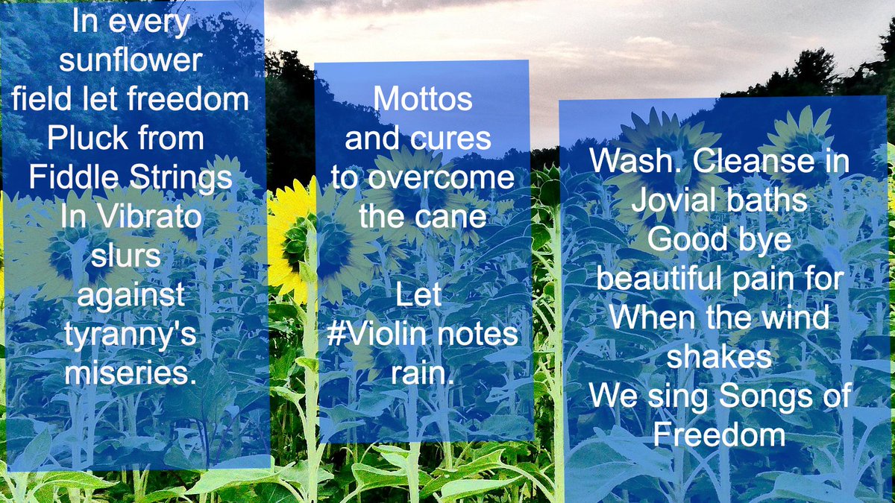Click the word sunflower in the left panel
coord(131,60)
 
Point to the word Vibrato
coord(149,216)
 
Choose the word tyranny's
coord(131,336)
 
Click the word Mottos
coord(423,98)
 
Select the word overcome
coord(441,178)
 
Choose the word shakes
coord(719,356)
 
